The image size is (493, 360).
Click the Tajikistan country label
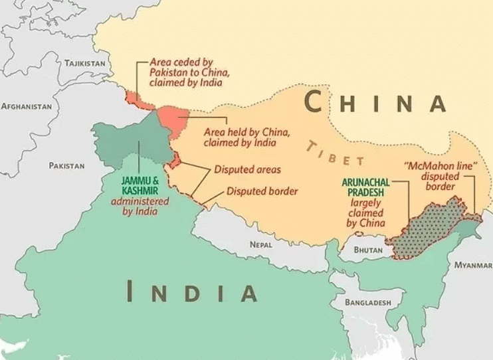pos(84,63)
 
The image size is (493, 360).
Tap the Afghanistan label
pos(27,106)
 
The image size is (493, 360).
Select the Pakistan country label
pos(66,165)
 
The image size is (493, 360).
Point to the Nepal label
pos(261,244)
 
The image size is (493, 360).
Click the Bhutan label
pos(369,250)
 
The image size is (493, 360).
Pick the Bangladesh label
pos(367,302)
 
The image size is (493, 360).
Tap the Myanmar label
pos(473,265)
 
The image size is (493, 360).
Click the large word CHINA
pos(375,103)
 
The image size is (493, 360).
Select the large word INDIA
pos(192,292)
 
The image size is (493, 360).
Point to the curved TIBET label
pos(336,153)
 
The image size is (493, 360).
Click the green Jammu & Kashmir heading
pos(140,185)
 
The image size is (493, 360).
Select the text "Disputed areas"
pos(246,170)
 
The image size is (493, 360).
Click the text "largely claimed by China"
pos(365,213)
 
